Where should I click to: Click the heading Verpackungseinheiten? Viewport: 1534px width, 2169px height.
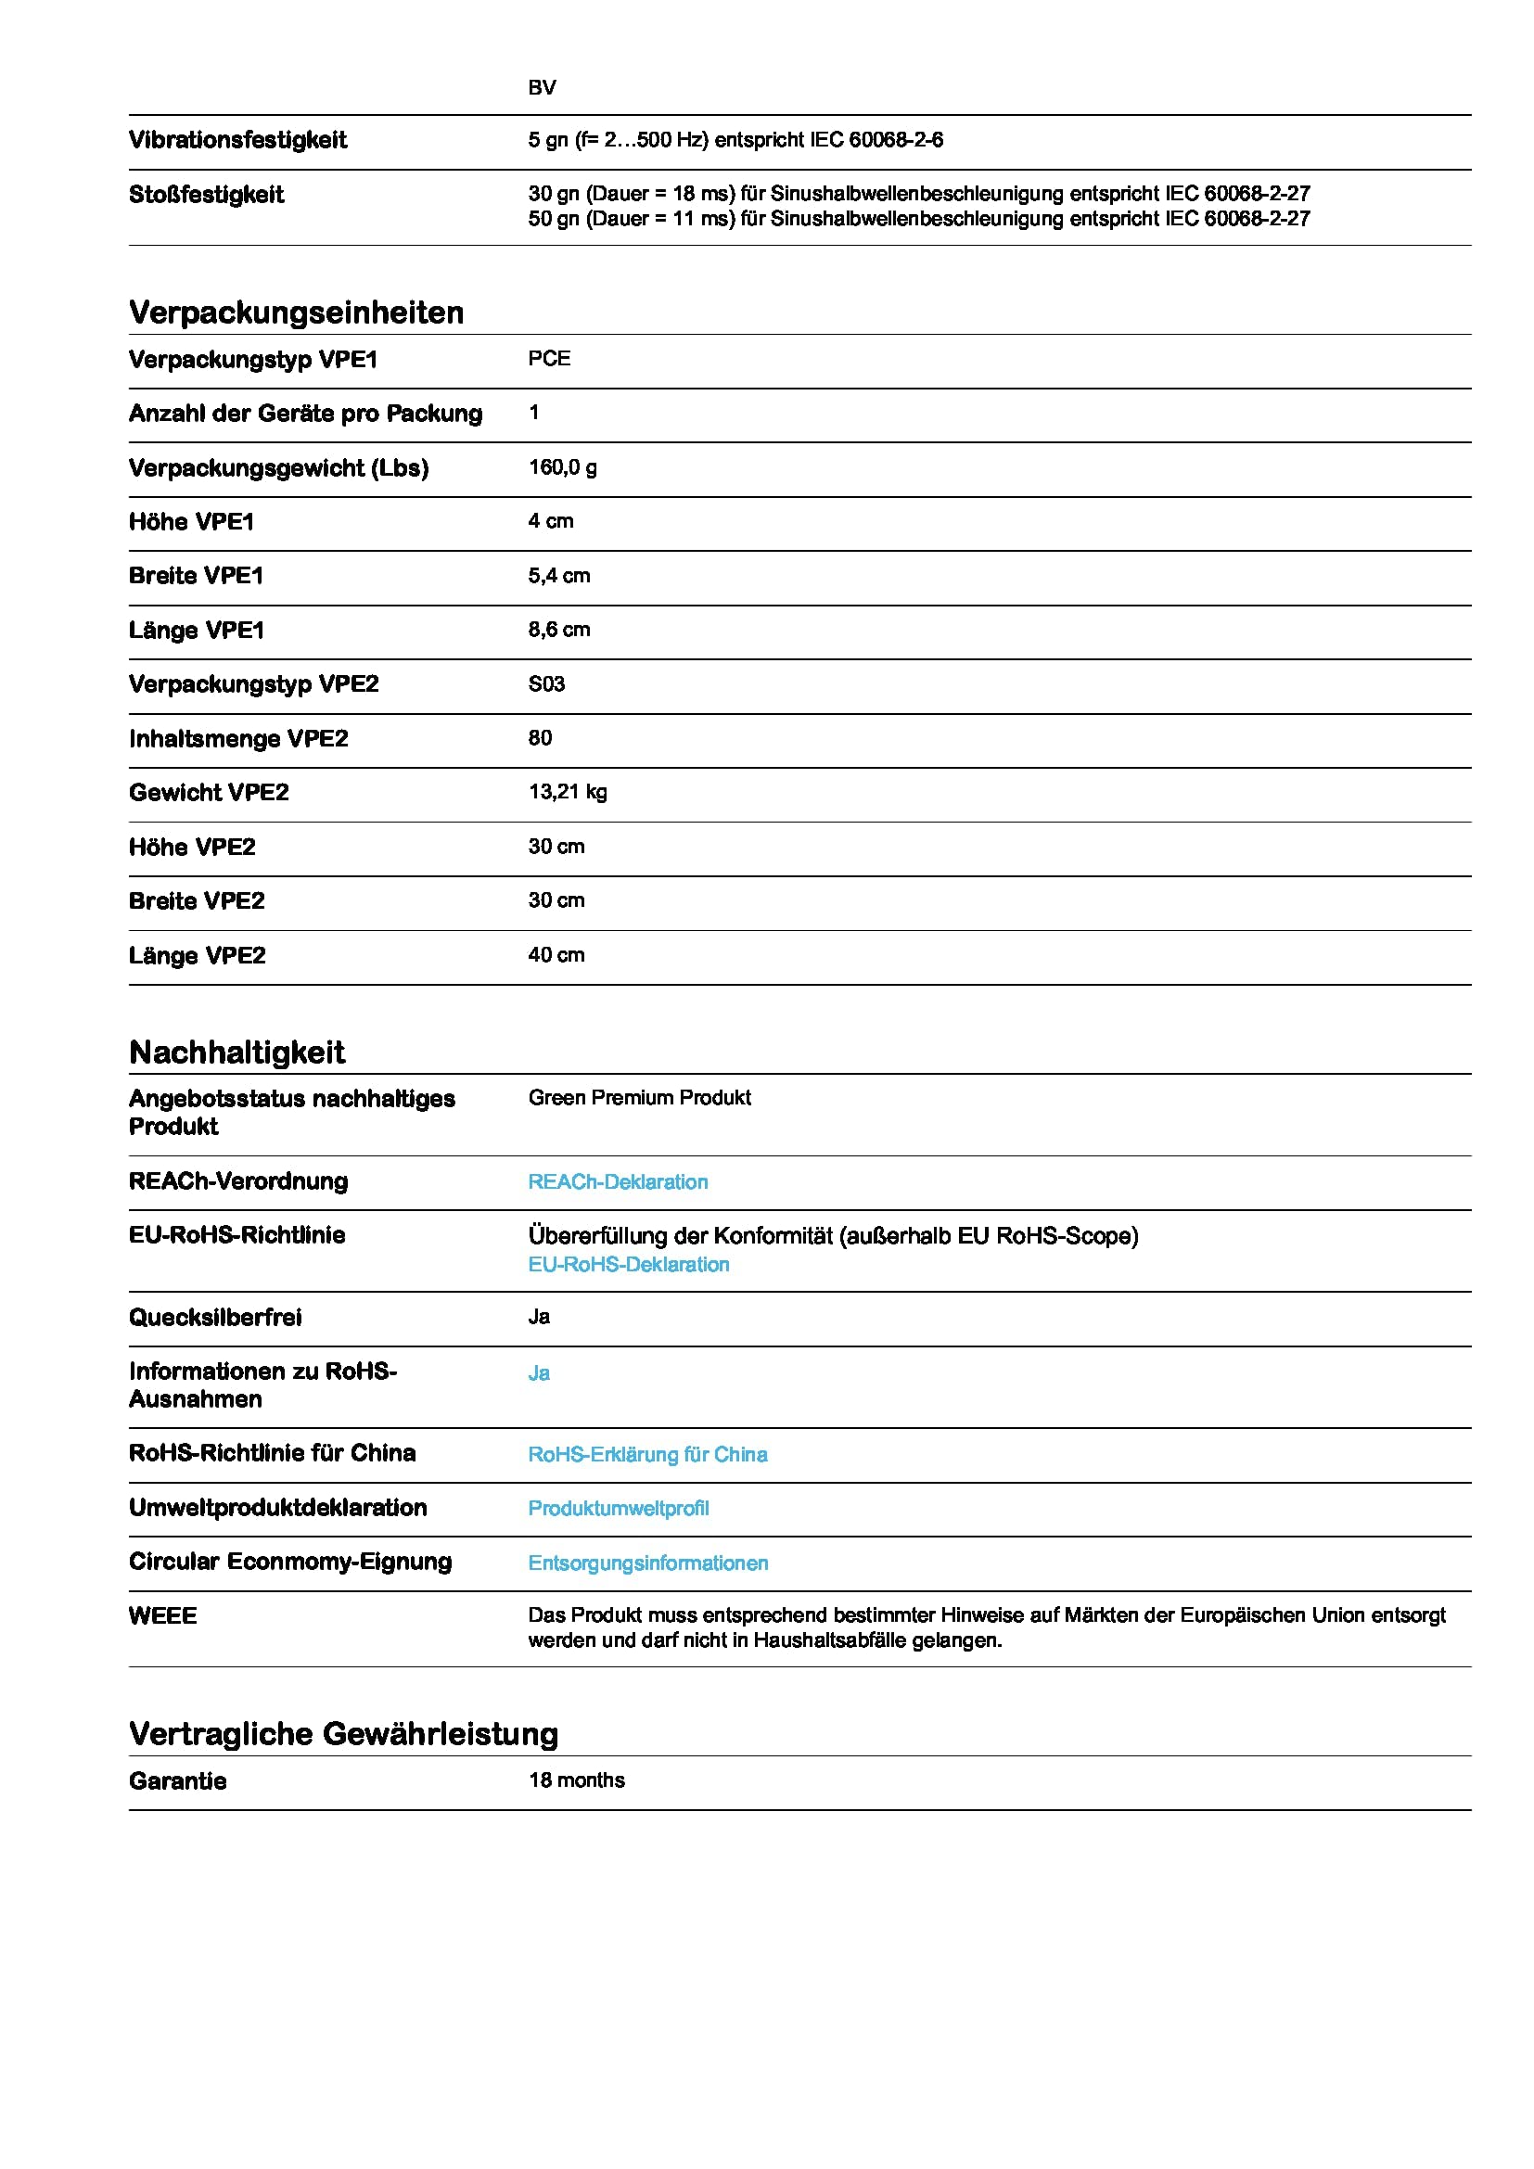[x=296, y=313]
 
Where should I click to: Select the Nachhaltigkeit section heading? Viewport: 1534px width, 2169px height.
[x=237, y=1053]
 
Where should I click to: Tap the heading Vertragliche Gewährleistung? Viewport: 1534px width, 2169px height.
[x=344, y=1733]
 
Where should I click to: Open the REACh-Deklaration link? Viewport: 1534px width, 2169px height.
[x=618, y=1181]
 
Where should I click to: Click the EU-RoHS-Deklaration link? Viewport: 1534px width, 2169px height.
[x=628, y=1264]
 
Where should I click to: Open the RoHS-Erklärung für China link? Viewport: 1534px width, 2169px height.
[x=647, y=1454]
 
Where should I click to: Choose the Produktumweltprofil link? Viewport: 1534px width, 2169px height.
[x=618, y=1508]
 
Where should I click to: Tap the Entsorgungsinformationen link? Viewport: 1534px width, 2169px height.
[x=648, y=1563]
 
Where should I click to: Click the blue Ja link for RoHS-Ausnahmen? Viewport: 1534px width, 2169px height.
[x=539, y=1372]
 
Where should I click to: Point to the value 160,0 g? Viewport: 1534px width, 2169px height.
[x=562, y=467]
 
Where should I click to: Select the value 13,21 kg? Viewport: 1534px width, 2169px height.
[x=567, y=792]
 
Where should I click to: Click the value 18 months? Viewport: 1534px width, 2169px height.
[x=576, y=1780]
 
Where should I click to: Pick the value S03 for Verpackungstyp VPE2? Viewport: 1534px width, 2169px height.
[x=546, y=684]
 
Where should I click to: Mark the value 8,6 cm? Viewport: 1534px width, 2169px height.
[x=558, y=629]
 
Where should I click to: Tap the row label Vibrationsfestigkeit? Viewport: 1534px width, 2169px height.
[x=238, y=140]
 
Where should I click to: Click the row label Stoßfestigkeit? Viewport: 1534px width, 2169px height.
[x=206, y=195]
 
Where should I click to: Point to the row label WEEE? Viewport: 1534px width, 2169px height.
[x=162, y=1615]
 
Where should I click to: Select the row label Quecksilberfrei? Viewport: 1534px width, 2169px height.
[x=215, y=1317]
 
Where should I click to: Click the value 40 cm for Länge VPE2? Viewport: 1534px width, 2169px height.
[x=556, y=955]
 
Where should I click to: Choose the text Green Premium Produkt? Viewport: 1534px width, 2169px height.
[x=640, y=1098]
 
